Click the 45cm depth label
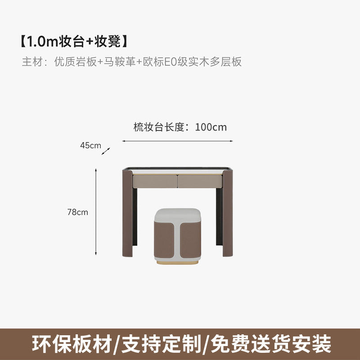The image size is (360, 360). (x=90, y=145)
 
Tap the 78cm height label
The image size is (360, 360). (x=78, y=212)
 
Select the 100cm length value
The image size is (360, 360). (x=211, y=127)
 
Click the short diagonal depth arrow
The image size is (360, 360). (x=106, y=152)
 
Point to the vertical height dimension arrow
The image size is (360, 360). (x=96, y=211)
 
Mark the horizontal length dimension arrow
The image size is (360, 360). (x=177, y=141)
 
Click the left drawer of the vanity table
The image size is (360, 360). (x=154, y=181)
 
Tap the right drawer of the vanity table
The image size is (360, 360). (x=200, y=181)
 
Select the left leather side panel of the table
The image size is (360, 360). (x=127, y=211)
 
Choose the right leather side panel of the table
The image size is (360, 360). (x=228, y=211)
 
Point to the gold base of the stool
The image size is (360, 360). (x=177, y=261)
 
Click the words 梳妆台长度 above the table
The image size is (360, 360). (x=159, y=127)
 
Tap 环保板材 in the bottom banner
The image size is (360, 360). (x=72, y=344)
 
